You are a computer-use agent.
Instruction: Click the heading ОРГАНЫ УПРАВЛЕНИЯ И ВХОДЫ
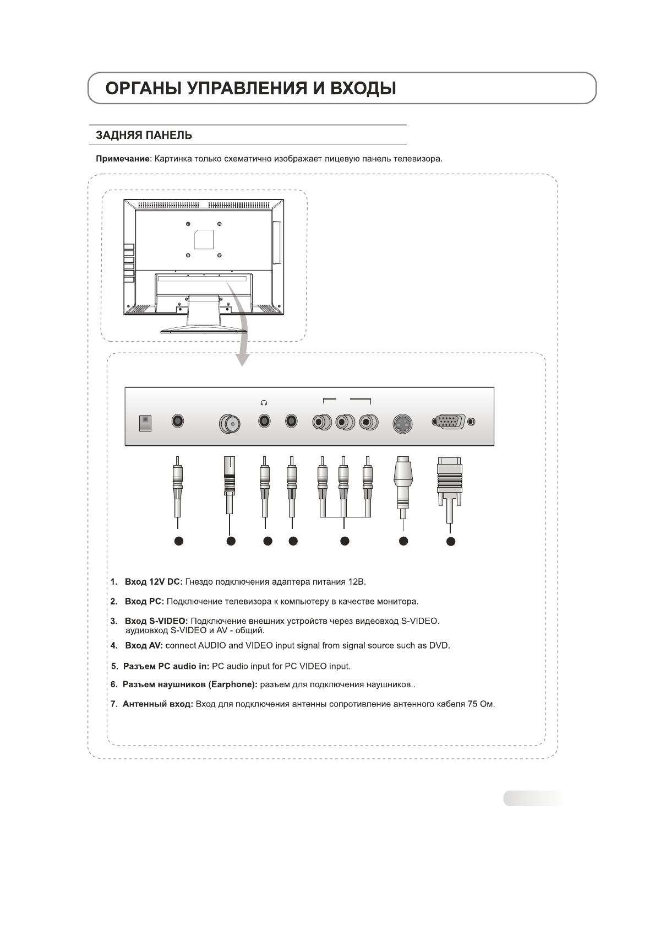[x=250, y=89]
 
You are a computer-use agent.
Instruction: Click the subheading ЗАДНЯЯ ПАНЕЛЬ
[x=144, y=135]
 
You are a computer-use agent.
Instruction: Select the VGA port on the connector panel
[x=450, y=423]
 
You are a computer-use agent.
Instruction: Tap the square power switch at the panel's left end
[x=145, y=422]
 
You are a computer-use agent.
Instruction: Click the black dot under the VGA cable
[x=451, y=542]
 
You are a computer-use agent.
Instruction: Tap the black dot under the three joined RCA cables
[x=345, y=541]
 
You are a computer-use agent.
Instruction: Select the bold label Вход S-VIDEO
[x=156, y=621]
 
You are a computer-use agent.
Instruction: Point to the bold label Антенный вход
[x=158, y=704]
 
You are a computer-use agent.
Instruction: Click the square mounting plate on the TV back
[x=204, y=239]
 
